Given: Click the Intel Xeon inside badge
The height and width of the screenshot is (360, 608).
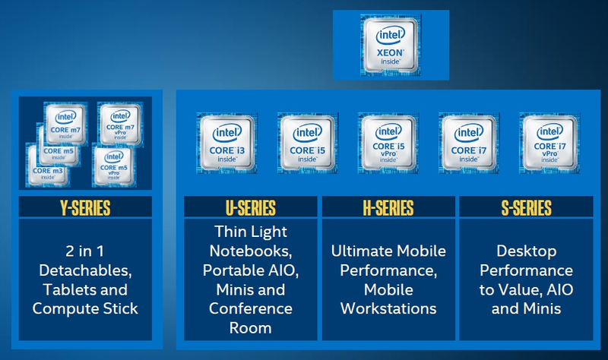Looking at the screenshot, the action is click(x=391, y=45).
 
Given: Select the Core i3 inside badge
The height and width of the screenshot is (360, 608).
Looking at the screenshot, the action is click(x=227, y=144).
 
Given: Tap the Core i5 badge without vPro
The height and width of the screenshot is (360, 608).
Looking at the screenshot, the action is click(x=308, y=144).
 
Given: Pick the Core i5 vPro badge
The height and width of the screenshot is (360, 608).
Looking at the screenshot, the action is click(x=388, y=144).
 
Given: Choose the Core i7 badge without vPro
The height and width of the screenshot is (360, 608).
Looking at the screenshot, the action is click(x=469, y=144).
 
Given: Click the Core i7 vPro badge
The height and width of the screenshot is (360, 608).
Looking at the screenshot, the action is click(x=549, y=144).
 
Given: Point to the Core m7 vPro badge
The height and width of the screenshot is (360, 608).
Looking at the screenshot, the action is click(x=120, y=125).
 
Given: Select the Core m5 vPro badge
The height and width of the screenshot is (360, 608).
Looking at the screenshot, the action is click(x=113, y=165).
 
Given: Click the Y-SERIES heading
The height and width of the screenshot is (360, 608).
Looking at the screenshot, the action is click(x=85, y=207).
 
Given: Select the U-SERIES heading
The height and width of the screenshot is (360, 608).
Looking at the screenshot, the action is click(x=251, y=207).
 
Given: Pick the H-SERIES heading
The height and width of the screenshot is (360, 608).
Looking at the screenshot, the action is click(x=388, y=207).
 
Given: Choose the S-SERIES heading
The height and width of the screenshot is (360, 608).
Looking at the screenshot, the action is click(x=526, y=207).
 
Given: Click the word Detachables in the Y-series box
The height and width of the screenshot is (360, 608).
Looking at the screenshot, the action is click(x=85, y=270).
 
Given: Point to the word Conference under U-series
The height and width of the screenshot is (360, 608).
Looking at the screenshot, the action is click(x=251, y=308).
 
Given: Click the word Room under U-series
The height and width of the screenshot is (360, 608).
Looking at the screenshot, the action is click(x=251, y=328).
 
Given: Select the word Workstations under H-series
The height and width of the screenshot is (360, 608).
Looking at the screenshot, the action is click(x=388, y=308).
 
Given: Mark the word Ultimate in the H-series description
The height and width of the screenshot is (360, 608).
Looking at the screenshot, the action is click(x=358, y=251).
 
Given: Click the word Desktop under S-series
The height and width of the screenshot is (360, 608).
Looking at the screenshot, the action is click(x=527, y=251).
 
